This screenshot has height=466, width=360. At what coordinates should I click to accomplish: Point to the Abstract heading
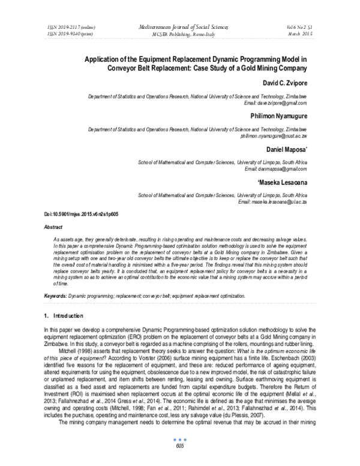[x=55, y=228]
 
